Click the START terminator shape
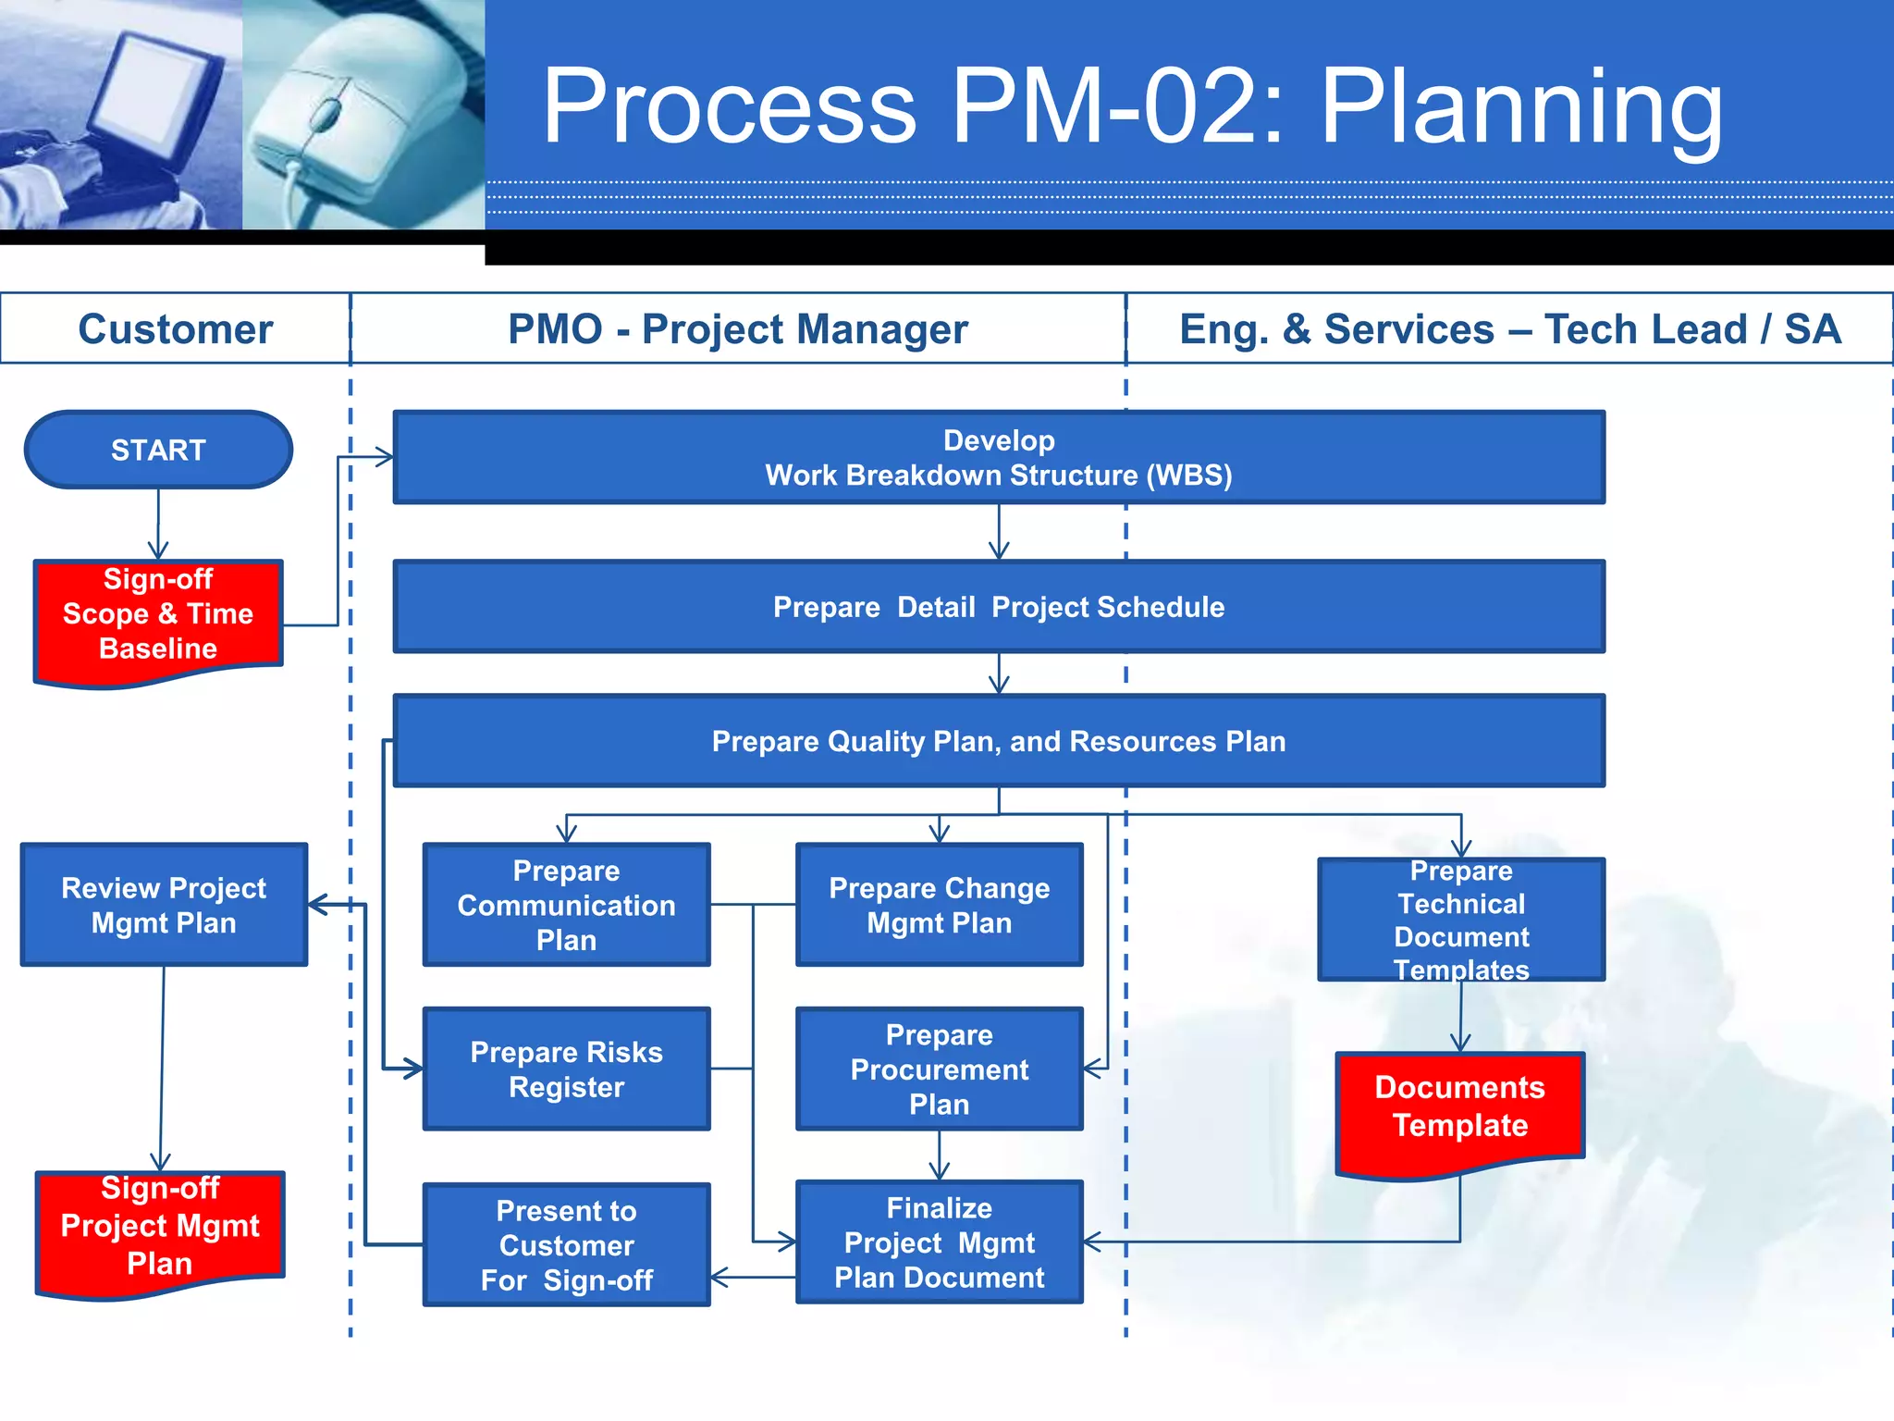click(x=158, y=450)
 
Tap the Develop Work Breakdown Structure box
click(x=999, y=457)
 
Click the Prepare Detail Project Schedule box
click(x=999, y=607)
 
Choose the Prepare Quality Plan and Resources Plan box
click(x=999, y=741)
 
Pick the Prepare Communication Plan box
click(x=566, y=905)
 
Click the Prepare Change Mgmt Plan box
click(x=939, y=905)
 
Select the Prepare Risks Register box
click(x=566, y=1069)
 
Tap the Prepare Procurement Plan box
click(x=939, y=1069)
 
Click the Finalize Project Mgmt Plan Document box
click(x=939, y=1242)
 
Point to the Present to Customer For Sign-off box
click(x=566, y=1245)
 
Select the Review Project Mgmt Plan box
click(x=164, y=905)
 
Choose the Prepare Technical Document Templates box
click(x=1461, y=920)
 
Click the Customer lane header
click(x=175, y=329)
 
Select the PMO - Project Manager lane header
click(x=738, y=329)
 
